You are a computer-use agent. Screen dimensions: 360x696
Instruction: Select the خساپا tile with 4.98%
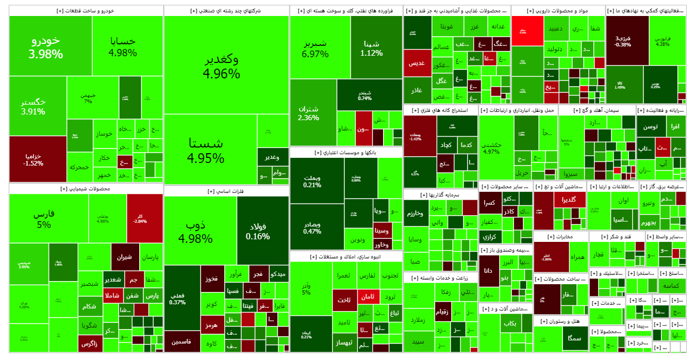tap(123, 46)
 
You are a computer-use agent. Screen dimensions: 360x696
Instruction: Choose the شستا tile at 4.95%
tap(206, 150)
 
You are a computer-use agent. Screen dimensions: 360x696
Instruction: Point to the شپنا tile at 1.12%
tap(371, 48)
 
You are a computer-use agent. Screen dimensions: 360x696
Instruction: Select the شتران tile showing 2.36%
tap(308, 113)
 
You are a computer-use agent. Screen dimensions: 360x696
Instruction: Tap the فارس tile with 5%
tap(44, 219)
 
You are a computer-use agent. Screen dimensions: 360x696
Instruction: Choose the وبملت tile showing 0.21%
tap(312, 181)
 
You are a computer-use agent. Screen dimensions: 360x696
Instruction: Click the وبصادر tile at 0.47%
tap(312, 227)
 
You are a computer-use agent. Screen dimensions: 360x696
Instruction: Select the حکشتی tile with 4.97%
tap(492, 148)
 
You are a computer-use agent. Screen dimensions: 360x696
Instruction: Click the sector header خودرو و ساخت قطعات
tap(86, 10)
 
